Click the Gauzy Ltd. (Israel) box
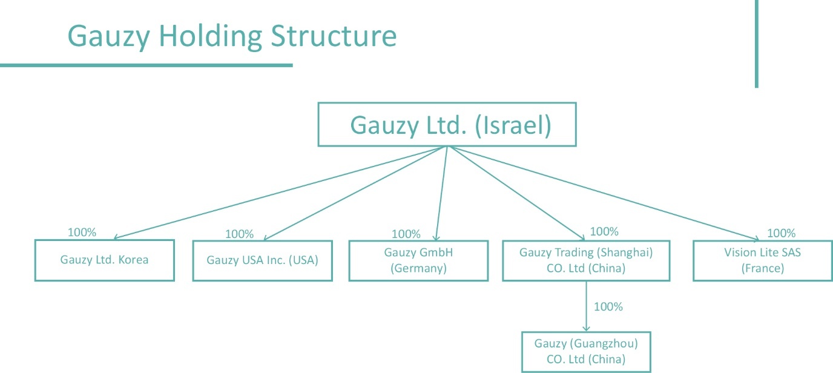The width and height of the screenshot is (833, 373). [x=447, y=125]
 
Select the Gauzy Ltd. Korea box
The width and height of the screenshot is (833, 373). [x=104, y=260]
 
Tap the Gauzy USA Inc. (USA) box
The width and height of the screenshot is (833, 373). [x=262, y=260]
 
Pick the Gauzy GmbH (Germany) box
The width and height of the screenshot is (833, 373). [x=418, y=260]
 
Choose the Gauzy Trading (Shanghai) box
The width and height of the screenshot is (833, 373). [x=586, y=260]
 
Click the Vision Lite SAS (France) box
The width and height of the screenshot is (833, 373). [x=762, y=260]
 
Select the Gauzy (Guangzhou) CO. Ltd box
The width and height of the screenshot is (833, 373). [x=586, y=352]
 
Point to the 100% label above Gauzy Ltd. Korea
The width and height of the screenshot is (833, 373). [x=82, y=232]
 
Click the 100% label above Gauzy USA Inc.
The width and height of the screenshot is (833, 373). [x=239, y=234]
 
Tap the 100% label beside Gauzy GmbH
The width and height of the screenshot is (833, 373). [x=406, y=234]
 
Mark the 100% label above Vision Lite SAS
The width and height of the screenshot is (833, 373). [x=781, y=233]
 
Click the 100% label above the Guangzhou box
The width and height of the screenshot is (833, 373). [x=608, y=306]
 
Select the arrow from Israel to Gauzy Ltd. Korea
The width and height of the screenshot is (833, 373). [x=278, y=193]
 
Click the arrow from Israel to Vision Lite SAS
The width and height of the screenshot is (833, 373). [x=605, y=193]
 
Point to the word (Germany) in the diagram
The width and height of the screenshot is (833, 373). [x=418, y=268]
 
